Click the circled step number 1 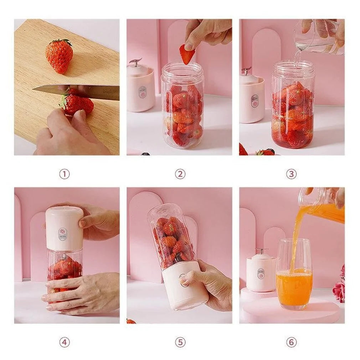pos(64,174)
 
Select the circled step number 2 pos(180,174)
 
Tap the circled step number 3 pos(291,174)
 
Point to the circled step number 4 pos(64,343)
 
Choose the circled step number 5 pos(180,343)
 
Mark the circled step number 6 pos(291,343)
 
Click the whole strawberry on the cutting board pos(59,56)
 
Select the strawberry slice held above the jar pos(187,55)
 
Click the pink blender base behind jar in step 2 pos(141,89)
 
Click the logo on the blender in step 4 pos(63,232)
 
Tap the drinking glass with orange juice pos(294,274)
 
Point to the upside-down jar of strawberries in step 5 pos(171,237)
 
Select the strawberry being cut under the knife pos(77,103)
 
